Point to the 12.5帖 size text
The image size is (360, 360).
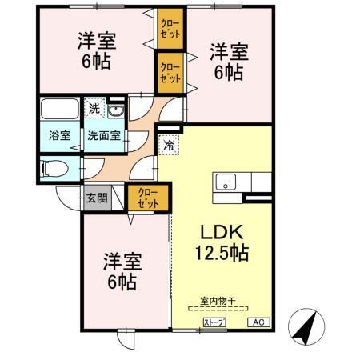[221, 254]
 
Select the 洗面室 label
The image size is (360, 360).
[104, 134]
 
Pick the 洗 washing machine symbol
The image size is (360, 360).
[94, 109]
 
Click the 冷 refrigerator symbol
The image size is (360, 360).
[169, 145]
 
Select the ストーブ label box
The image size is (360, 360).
[214, 322]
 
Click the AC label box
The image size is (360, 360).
[258, 322]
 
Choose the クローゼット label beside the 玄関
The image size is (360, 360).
[148, 198]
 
